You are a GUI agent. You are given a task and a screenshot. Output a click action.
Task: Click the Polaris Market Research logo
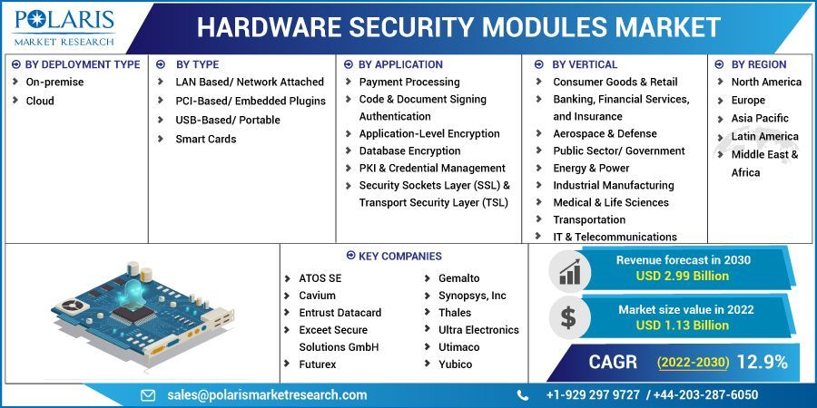[64, 27]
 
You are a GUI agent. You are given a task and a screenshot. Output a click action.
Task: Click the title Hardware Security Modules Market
[458, 27]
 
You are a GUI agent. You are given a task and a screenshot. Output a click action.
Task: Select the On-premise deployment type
[54, 82]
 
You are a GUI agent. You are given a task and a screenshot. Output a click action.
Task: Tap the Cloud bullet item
[40, 101]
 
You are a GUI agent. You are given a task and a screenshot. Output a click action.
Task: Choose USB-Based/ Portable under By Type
[227, 120]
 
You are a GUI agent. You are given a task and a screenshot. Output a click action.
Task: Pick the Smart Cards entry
[205, 139]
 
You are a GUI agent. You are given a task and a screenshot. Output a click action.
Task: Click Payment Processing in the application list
[408, 82]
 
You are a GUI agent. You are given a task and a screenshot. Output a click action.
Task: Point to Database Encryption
[409, 151]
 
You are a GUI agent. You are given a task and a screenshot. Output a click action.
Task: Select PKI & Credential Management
[432, 168]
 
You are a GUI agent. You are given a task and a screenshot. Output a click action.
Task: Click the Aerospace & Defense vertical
[605, 133]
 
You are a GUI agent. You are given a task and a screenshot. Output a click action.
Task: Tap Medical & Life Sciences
[610, 202]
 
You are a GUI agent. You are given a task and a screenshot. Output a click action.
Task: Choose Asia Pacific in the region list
[760, 118]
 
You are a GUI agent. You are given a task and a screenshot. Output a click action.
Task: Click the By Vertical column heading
[584, 64]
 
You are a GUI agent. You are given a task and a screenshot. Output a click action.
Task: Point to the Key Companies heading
[399, 257]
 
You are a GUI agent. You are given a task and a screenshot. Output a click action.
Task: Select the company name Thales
[455, 313]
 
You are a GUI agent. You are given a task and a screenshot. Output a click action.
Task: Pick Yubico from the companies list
[455, 364]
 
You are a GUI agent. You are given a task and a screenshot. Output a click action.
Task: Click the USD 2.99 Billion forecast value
[683, 277]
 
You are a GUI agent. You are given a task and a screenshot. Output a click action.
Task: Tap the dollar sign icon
[568, 317]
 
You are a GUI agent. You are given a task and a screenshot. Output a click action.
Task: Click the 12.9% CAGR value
[762, 362]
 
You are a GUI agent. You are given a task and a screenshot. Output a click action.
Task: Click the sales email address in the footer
[267, 394]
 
